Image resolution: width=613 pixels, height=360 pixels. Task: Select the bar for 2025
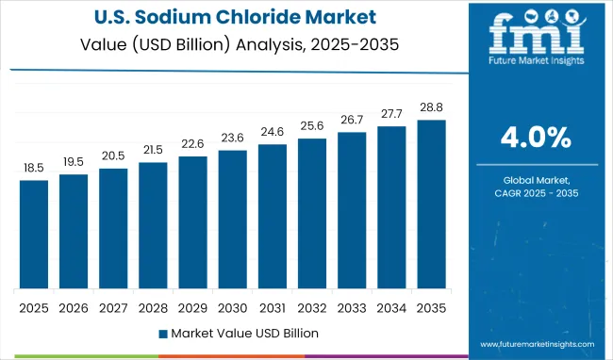click(33, 234)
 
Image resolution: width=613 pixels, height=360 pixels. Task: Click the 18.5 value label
click(33, 167)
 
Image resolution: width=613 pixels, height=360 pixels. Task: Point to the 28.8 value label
click(430, 106)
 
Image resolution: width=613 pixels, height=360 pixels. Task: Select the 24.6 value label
click(272, 131)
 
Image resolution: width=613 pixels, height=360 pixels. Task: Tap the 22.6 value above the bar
click(192, 143)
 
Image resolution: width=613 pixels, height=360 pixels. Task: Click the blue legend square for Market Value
click(162, 333)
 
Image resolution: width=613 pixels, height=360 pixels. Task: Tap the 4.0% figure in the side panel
click(535, 139)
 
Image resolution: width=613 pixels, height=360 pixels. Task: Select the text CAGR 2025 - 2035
click(535, 193)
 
